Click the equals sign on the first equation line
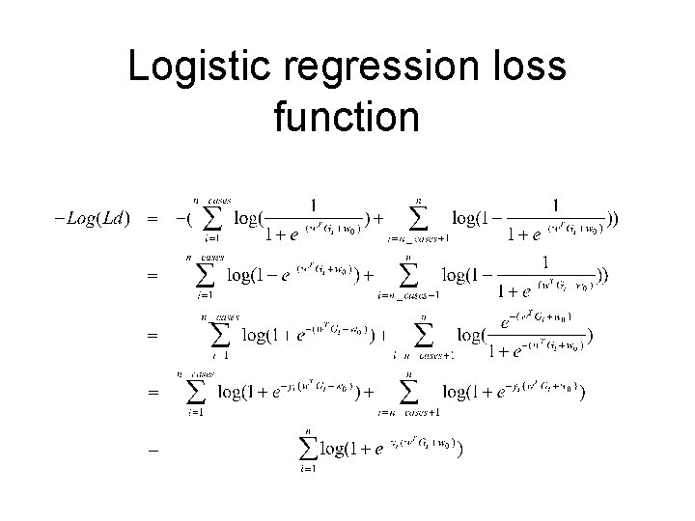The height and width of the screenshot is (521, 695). tap(151, 219)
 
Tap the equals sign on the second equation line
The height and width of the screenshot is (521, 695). tap(151, 277)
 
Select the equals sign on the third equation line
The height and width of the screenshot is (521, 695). tap(151, 336)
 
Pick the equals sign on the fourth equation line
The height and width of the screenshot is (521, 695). tap(151, 393)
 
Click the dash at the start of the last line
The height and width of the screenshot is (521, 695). tap(151, 450)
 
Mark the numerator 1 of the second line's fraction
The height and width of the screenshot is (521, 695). tap(547, 262)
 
